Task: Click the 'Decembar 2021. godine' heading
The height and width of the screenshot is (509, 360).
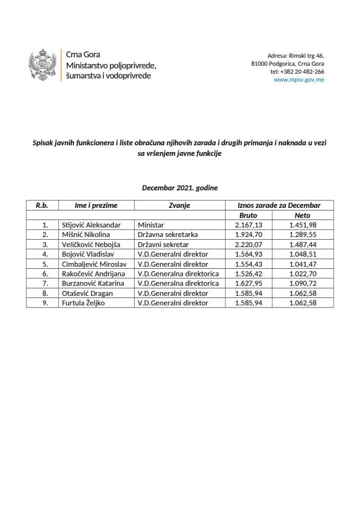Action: (x=180, y=188)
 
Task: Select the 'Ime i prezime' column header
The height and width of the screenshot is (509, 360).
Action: (x=96, y=205)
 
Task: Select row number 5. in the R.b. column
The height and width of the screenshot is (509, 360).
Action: (x=45, y=264)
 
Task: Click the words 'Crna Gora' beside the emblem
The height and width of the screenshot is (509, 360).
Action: (x=82, y=55)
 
